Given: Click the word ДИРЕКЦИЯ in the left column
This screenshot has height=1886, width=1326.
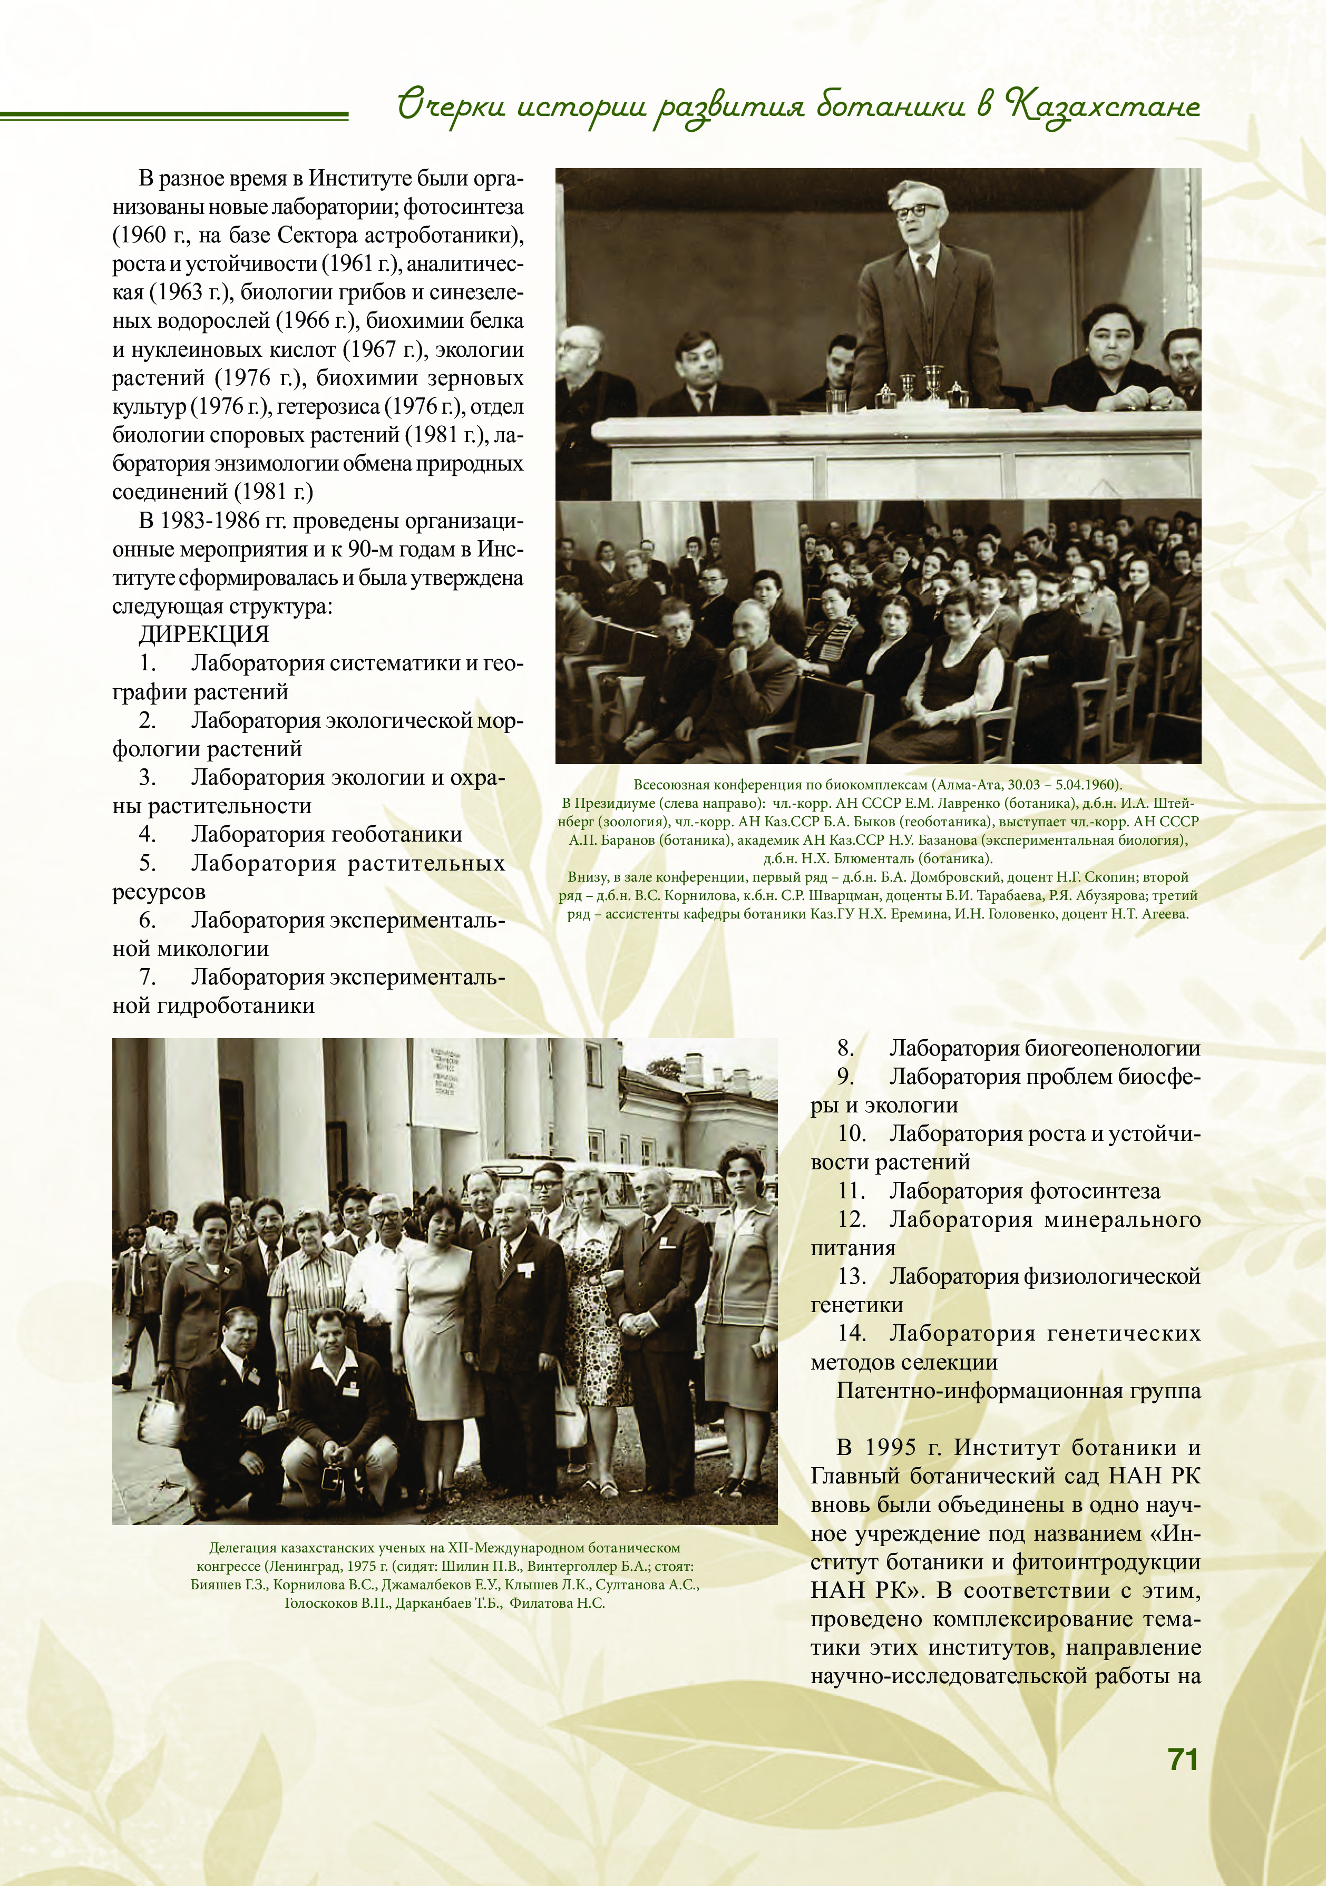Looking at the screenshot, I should click(x=204, y=634).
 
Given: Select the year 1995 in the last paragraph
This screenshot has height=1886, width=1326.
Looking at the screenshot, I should click(x=892, y=1448).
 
